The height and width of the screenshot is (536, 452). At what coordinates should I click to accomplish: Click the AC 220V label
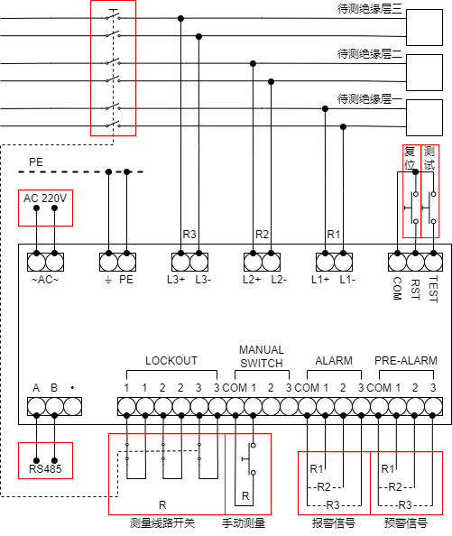pos(45,198)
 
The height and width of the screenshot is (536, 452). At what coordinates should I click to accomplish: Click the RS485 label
pos(45,468)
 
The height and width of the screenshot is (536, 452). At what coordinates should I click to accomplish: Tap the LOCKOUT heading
pos(171,361)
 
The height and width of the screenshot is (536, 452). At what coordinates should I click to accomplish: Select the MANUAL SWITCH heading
pos(262,356)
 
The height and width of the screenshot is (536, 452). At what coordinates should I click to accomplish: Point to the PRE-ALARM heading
pos(406,361)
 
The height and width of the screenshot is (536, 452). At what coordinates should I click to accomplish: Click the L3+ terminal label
pos(176,280)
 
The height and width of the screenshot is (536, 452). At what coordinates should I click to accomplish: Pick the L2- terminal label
pos(279,280)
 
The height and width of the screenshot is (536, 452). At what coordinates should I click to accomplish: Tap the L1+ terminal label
pos(320,280)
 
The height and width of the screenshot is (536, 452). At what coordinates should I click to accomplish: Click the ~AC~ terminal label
pos(45,280)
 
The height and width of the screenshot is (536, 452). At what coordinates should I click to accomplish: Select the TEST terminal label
pos(433,290)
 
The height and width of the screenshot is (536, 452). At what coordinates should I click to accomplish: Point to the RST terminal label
pos(415,290)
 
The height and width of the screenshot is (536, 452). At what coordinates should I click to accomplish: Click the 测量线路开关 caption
pos(162,523)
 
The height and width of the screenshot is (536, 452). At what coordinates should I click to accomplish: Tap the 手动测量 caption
pos(244,523)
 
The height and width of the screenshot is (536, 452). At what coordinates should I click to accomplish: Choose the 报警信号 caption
pos(334,523)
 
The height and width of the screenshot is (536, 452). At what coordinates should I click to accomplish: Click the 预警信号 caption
pos(406,523)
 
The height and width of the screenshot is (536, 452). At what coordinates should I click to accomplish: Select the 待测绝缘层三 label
pos(370,8)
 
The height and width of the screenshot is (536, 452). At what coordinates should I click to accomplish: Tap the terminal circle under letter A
pos(36,406)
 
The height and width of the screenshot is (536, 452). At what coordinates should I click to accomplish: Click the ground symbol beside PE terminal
pos(108,281)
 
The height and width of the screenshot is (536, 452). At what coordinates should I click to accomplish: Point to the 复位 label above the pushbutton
pos(410,158)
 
